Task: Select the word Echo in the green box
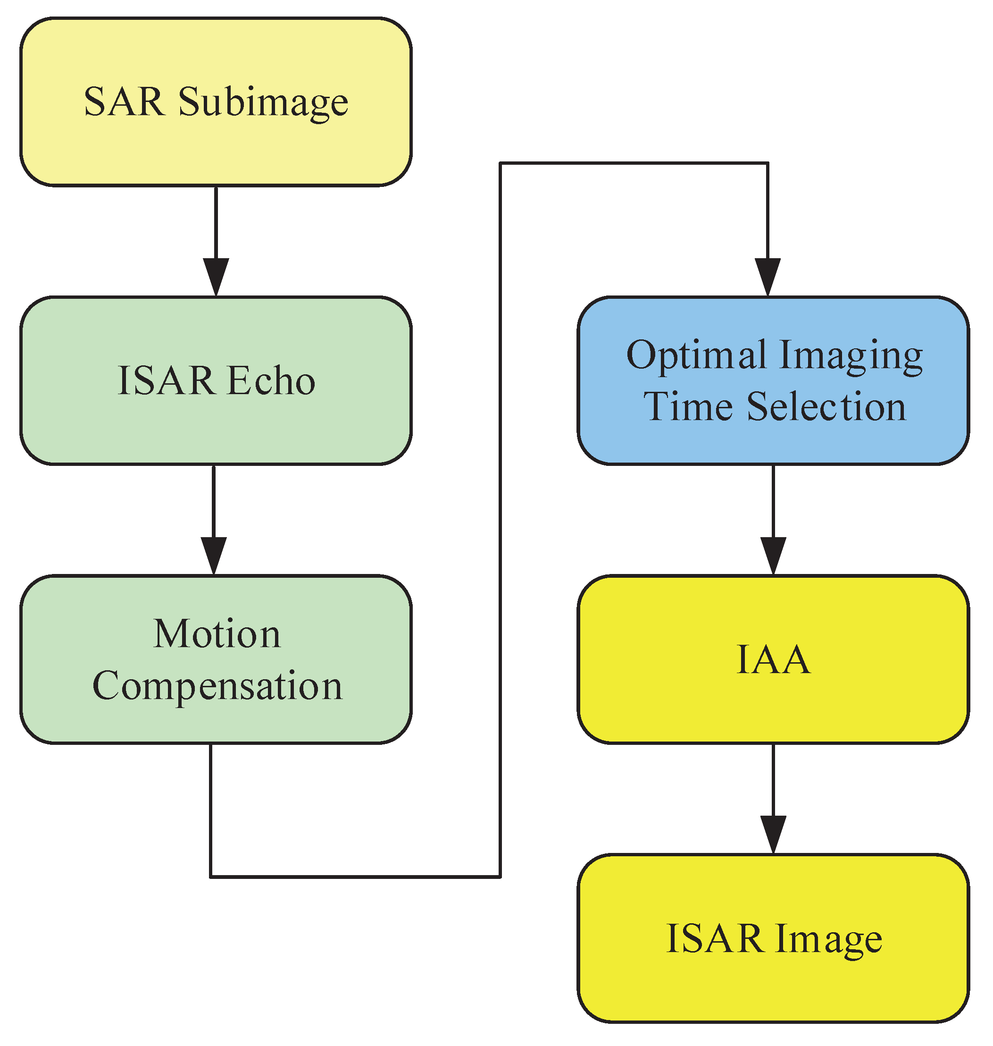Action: tap(272, 380)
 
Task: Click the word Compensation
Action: tap(217, 685)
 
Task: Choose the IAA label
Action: tap(773, 659)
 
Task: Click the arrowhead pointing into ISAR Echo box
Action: tap(216, 277)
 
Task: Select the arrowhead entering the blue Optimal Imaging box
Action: tap(768, 277)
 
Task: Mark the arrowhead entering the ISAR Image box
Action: tap(773, 834)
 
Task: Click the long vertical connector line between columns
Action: tap(500, 519)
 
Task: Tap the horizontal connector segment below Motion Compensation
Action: tap(355, 877)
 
